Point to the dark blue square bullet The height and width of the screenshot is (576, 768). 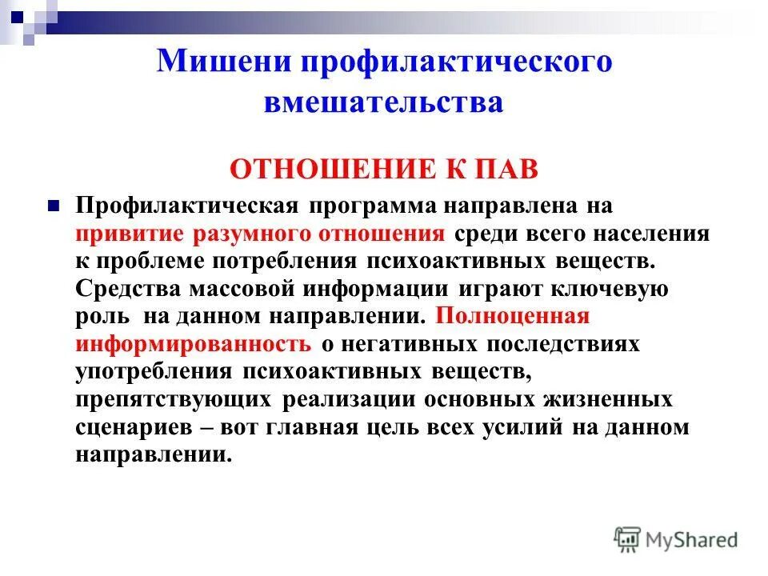(54, 204)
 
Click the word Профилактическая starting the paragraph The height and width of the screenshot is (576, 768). (187, 205)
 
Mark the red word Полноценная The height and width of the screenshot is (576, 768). (513, 315)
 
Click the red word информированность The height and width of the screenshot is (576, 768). (194, 343)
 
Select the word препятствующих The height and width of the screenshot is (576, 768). (174, 398)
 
